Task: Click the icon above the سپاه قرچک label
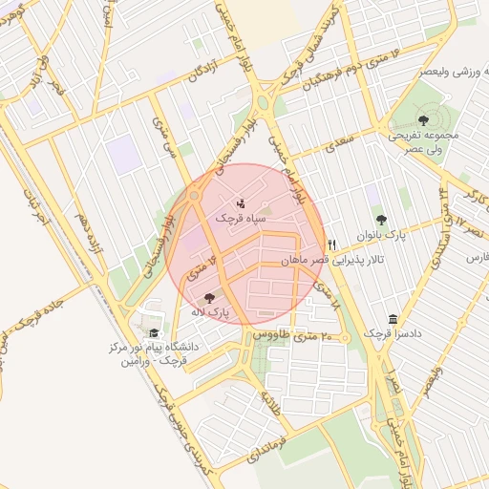pos(240,202)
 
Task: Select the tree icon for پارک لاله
pos(209,298)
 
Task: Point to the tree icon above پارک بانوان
pos(382,220)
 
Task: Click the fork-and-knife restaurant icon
pos(332,244)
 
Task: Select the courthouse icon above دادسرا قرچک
pos(393,319)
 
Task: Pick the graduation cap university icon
pos(154,331)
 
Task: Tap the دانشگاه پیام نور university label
pos(154,354)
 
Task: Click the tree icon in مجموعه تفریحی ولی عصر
pos(423,120)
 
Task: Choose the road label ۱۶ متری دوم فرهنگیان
pos(338,74)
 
